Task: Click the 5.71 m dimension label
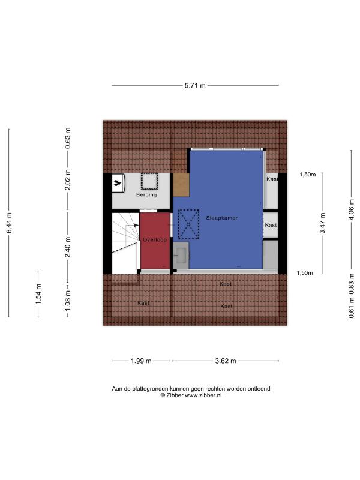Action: coord(195,85)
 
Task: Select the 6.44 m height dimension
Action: coord(9,223)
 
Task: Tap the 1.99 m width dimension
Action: coord(141,361)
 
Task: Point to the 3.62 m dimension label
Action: coord(226,361)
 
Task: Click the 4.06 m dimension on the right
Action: coord(351,209)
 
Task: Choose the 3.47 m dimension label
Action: coord(322,223)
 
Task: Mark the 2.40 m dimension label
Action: coord(68,247)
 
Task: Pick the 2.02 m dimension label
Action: coord(68,179)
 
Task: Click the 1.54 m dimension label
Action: coord(38,294)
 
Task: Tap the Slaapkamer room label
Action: coord(221,218)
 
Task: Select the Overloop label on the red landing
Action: coord(155,239)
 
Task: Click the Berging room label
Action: coord(146,194)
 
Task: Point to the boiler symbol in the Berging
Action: coord(118,183)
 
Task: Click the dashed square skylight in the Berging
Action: coord(149,182)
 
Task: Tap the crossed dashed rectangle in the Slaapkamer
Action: coord(188,224)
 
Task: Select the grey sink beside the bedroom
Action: coord(181,256)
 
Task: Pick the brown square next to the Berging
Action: coord(181,185)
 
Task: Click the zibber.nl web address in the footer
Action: coord(203,395)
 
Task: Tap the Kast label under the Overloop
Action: coord(143,303)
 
